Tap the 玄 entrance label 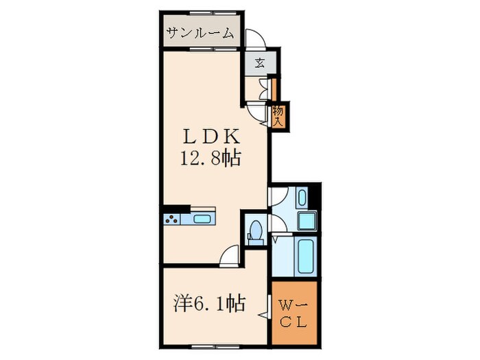pyautogui.click(x=260, y=63)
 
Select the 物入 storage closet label pyautogui.click(x=278, y=115)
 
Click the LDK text pyautogui.click(x=211, y=136)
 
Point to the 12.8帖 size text pyautogui.click(x=210, y=159)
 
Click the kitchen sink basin pyautogui.click(x=203, y=219)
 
